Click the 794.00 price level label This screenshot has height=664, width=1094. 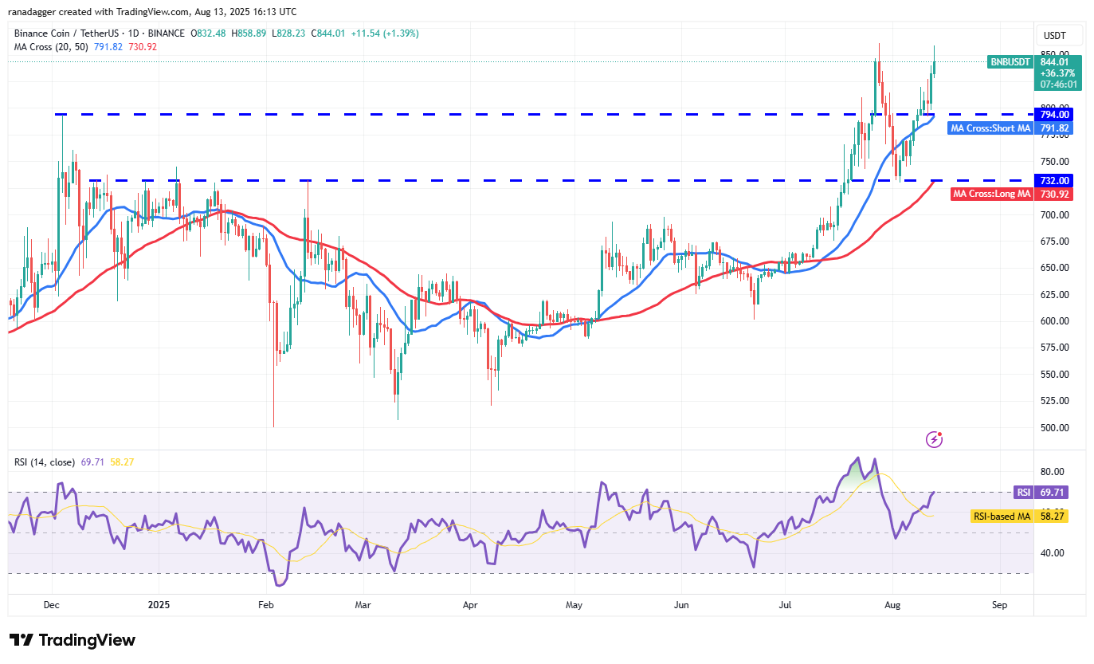1053,114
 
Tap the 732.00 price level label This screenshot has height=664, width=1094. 1053,180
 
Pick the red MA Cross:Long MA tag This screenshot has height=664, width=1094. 992,194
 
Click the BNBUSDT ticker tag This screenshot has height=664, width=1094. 1010,61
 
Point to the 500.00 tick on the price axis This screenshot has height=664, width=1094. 1053,427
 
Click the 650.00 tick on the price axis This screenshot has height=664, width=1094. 1053,268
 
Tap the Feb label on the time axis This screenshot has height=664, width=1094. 266,605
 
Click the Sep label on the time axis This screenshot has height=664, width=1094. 999,605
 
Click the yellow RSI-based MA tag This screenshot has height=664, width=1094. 1002,517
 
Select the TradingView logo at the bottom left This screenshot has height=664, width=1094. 73,640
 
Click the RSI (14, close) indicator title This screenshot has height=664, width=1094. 45,462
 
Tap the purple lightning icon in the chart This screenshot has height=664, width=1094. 935,439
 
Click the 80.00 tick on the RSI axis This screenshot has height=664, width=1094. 1053,472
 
